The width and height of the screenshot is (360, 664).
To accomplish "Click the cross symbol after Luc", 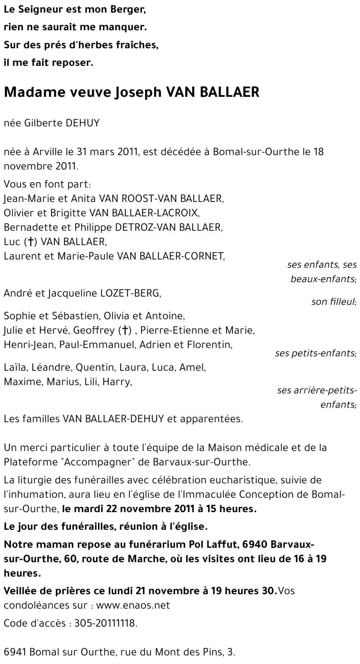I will tap(31, 242).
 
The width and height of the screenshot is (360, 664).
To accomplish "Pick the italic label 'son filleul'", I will tap(334, 302).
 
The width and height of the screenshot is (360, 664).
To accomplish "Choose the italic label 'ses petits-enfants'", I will tap(316, 353).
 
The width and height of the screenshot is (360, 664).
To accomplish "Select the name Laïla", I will tap(15, 368).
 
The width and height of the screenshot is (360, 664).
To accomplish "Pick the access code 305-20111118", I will tap(105, 624).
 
